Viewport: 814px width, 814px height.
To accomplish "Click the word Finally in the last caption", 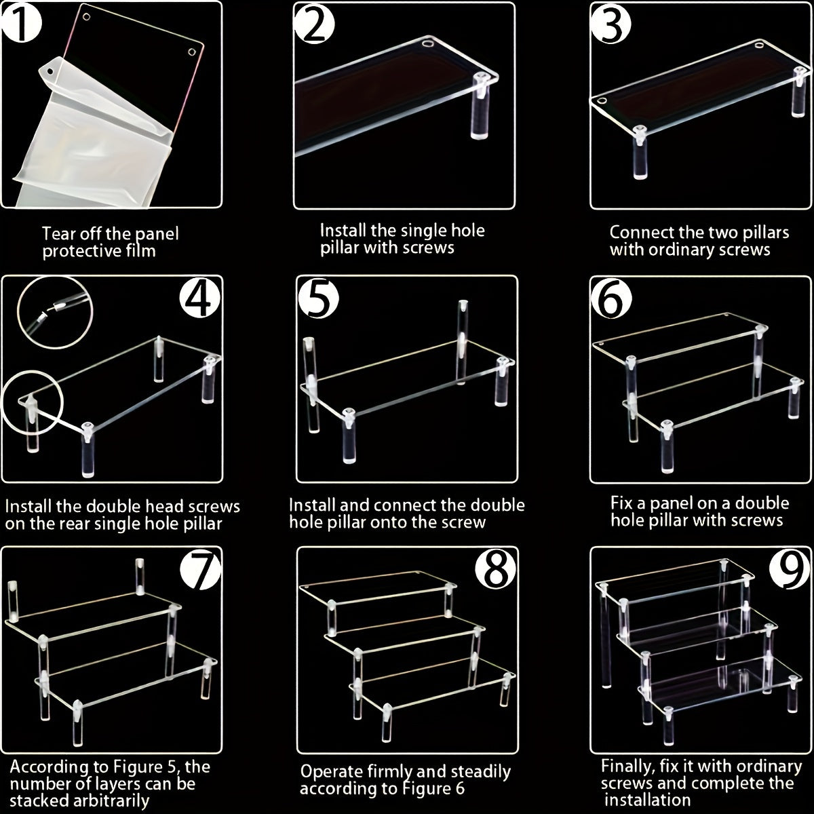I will click(627, 767).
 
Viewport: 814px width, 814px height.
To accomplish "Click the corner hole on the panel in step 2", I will click(427, 45).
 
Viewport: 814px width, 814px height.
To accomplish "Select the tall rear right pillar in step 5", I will click(463, 339).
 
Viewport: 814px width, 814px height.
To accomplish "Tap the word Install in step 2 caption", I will click(341, 230).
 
